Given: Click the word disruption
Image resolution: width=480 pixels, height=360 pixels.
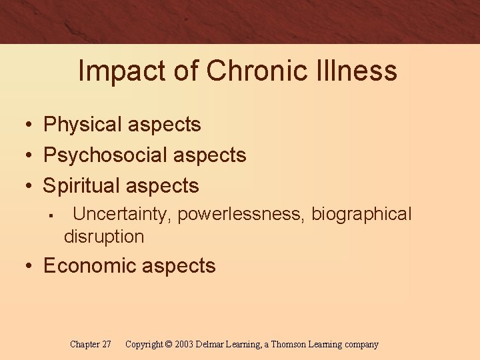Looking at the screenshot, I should pyautogui.click(x=104, y=237).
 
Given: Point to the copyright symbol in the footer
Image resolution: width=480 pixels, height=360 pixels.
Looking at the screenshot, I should pyautogui.click(x=169, y=345).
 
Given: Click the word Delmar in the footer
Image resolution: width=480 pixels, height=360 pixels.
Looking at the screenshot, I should pyautogui.click(x=212, y=345).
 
